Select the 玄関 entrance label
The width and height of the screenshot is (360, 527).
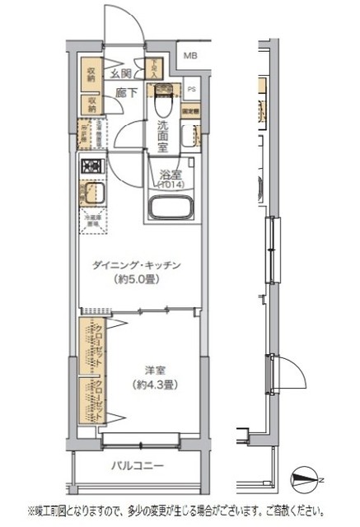[x=121, y=74]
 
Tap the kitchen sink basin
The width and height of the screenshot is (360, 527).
[x=91, y=196]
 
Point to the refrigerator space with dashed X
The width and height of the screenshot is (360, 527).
[x=91, y=221]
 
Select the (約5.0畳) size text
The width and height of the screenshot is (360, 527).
[x=137, y=280]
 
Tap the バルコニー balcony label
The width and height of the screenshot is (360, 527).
[x=138, y=467]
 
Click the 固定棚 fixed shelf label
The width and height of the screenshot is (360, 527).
[x=190, y=109]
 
